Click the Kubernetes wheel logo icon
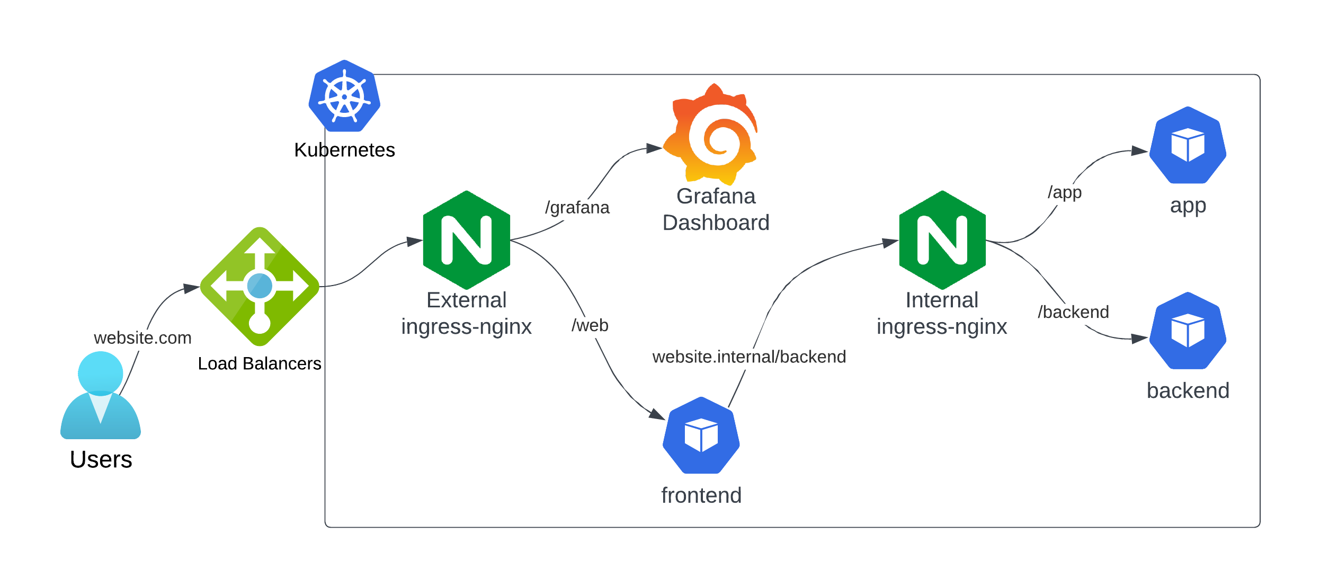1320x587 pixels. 344,96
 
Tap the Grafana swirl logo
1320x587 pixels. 712,135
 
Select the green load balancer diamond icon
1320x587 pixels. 260,287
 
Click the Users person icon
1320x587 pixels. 101,395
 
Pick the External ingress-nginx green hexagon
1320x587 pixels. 466,239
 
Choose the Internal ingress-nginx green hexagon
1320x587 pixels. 942,239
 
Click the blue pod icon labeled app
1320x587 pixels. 1188,145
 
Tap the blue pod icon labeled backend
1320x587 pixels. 1188,331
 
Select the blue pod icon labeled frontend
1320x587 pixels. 701,435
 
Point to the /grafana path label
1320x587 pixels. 577,207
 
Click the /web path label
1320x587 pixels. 590,325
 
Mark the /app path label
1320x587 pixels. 1064,192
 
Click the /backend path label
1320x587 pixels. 1073,312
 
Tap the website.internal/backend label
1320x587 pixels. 748,357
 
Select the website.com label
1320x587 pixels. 142,337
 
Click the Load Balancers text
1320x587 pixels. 259,363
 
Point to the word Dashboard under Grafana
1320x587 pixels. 716,223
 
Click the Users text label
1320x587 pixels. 101,459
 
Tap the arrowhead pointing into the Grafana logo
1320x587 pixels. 655,148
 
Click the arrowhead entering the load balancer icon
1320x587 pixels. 192,288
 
